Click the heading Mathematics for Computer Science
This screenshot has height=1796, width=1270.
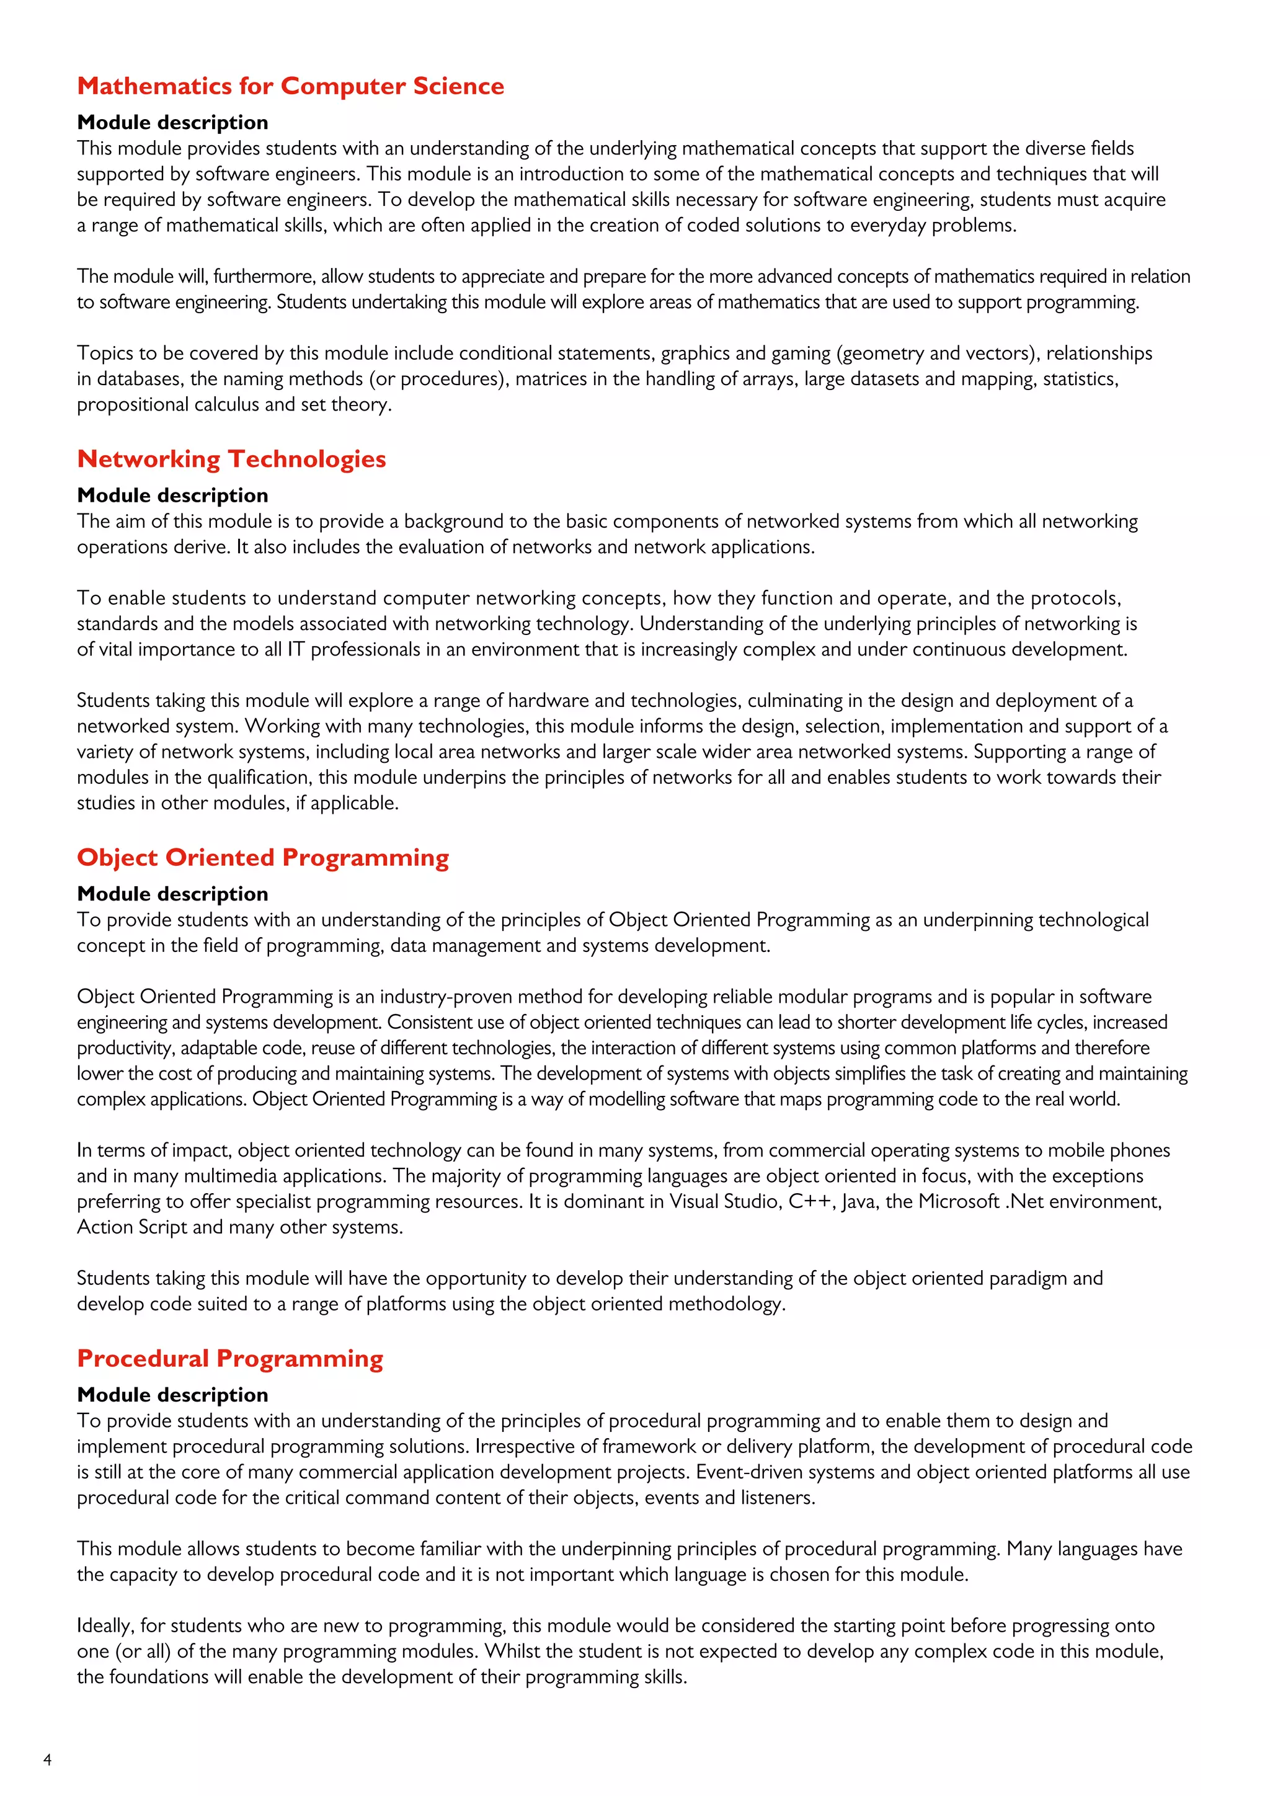pos(290,86)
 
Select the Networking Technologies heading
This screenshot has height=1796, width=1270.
pos(231,459)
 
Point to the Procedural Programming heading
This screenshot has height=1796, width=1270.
pos(230,1359)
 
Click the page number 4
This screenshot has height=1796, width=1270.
pos(48,1760)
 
